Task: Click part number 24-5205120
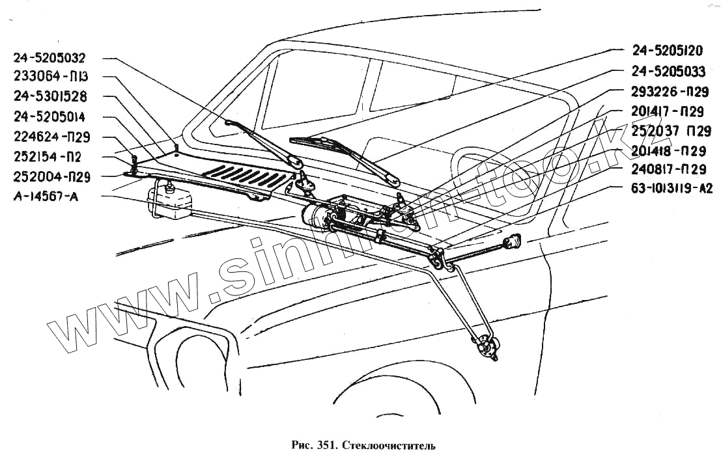pyautogui.click(x=667, y=51)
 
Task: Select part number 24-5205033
pyautogui.click(x=668, y=71)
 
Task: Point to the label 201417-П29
pyautogui.click(x=668, y=112)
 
